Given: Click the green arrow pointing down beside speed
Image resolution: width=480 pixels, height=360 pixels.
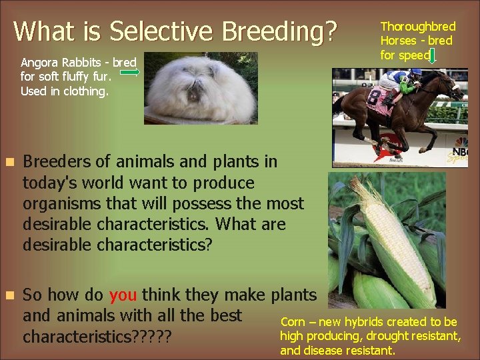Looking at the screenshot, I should [x=433, y=57].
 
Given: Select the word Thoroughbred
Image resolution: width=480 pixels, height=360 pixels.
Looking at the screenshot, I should [x=417, y=27].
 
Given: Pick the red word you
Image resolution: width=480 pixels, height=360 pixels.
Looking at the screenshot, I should [x=123, y=295].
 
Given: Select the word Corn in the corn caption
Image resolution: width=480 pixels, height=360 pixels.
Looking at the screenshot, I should [x=293, y=322].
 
